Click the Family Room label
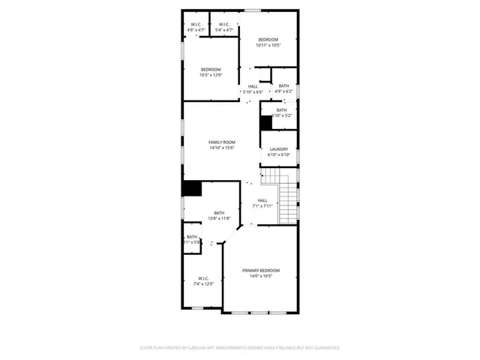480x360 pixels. point(222,142)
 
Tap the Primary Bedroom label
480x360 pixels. point(261,270)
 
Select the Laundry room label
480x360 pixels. point(279,149)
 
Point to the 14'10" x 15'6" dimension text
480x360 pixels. point(222,148)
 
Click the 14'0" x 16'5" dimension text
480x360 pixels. point(261,276)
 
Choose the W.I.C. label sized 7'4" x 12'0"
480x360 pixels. point(204,277)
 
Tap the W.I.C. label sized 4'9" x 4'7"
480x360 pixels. point(196,24)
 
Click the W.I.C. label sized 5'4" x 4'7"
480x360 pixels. point(223,24)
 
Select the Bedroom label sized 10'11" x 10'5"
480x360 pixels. point(268,39)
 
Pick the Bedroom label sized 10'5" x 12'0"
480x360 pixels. point(210,69)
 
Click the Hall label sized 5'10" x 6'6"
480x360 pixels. point(253,86)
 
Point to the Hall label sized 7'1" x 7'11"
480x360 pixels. point(262,200)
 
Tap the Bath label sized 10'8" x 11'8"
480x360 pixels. point(219,212)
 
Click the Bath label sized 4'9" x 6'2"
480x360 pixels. point(283,86)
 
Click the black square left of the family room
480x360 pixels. point(192,188)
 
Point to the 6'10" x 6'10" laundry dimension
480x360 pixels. point(279,155)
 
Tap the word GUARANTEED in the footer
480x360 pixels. point(327,348)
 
